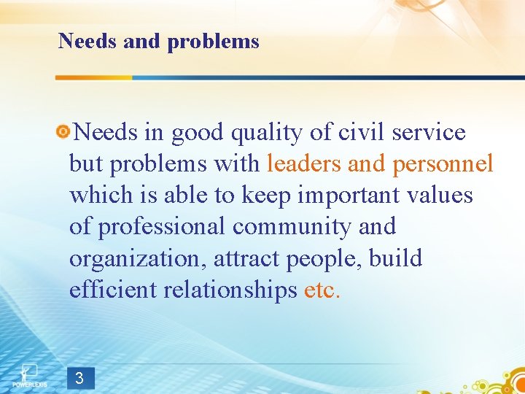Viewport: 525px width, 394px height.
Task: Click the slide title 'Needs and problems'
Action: click(158, 42)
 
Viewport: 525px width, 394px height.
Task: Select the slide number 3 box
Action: click(79, 378)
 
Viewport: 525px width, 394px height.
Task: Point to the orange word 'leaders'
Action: click(304, 164)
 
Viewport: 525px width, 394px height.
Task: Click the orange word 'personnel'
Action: click(443, 164)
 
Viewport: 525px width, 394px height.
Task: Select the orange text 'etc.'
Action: click(322, 290)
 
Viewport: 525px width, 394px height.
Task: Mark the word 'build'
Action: click(395, 259)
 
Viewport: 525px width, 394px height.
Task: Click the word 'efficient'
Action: click(114, 290)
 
